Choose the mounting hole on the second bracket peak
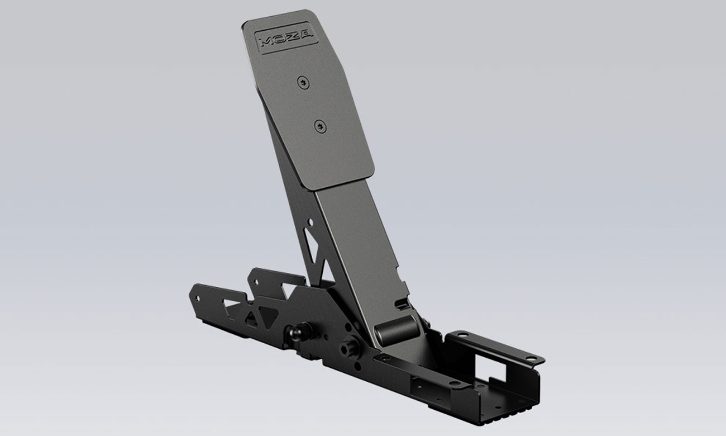(x=254, y=276)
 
